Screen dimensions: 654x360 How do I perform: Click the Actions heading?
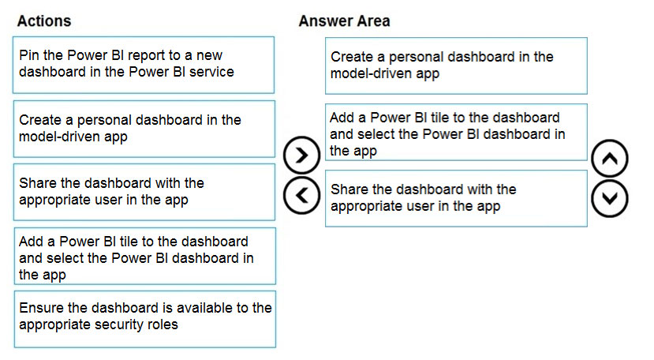coord(44,21)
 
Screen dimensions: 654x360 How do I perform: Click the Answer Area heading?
coord(344,21)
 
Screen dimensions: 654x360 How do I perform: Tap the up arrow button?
coord(609,158)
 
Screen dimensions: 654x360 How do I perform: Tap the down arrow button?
coord(609,199)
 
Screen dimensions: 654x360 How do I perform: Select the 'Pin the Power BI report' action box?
coord(144,65)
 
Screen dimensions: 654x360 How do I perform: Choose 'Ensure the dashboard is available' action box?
coord(144,319)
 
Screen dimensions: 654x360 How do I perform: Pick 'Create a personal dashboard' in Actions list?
coord(144,129)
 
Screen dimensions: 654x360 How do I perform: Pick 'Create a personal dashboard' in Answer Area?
coord(456,66)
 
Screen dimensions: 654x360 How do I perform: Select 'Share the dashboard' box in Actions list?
coord(144,192)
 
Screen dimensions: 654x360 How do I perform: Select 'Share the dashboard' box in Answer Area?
coord(456,198)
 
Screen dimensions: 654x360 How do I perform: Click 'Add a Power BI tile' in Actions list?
coord(144,256)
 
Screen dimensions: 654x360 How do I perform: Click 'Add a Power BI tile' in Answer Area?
coord(456,132)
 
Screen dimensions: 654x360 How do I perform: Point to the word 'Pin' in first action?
coord(28,55)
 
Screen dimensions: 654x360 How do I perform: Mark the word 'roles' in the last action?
coord(165,324)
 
